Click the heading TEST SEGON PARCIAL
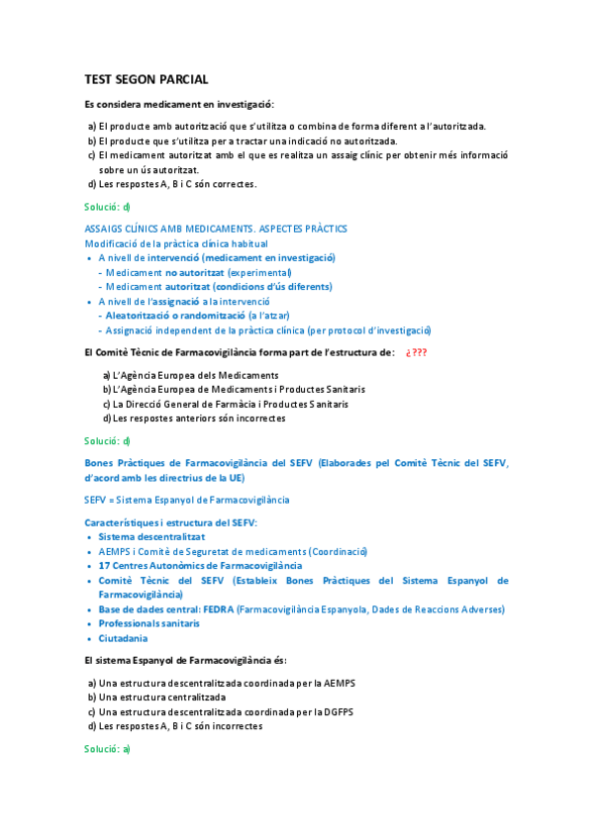pos(146,79)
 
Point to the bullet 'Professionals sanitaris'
pos(148,623)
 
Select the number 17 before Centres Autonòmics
pos(104,565)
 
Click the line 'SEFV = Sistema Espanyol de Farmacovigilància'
pos(187,500)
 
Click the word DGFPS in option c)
pos(337,711)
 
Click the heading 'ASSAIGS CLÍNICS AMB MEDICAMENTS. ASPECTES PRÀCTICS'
pos(216,229)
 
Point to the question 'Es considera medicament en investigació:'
pos(179,104)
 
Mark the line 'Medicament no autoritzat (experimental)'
pos(198,272)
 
